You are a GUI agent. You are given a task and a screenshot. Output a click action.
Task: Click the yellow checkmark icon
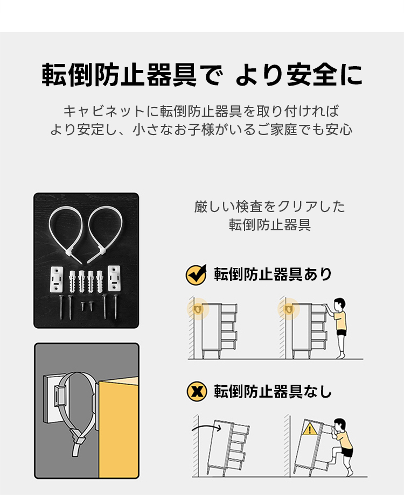coord(196,274)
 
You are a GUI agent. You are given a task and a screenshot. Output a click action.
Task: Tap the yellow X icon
coord(197,392)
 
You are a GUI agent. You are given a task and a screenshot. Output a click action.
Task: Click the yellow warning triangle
coord(310,429)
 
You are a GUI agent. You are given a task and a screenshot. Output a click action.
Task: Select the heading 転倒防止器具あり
coord(273,274)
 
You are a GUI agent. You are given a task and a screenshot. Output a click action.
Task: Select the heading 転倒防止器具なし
coord(273,392)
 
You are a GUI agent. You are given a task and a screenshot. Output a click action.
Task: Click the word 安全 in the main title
coord(311,75)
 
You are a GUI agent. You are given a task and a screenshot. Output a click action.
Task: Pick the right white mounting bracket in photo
coord(114,278)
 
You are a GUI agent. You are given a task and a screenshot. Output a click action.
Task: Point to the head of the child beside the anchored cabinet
coord(339,305)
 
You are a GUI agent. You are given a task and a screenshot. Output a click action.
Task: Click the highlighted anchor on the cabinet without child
coord(198,309)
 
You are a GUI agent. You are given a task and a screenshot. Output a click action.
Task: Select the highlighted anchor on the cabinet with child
coord(288,309)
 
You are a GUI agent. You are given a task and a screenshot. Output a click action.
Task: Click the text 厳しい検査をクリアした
coord(270,207)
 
